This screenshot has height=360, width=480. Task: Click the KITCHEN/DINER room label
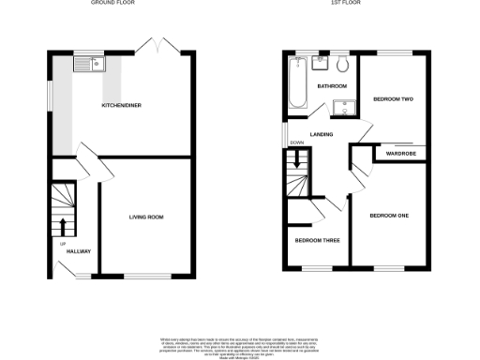122,105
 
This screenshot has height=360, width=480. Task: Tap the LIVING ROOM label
146,217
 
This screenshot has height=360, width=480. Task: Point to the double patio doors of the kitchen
151,47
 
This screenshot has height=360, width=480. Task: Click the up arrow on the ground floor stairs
63,226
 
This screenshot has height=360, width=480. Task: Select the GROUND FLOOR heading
112,4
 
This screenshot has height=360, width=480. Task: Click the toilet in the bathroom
342,65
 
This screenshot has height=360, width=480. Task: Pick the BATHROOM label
332,86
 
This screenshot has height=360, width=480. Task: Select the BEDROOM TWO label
394,98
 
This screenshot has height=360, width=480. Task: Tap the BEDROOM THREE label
317,240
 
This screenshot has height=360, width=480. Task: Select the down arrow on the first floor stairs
298,160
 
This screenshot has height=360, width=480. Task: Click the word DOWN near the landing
296,142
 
